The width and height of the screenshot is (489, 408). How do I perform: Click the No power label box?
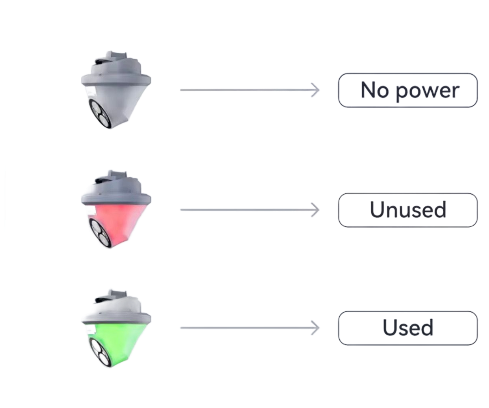click(408, 90)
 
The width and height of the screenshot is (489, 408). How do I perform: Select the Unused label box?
click(408, 210)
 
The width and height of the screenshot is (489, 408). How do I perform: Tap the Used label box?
click(408, 328)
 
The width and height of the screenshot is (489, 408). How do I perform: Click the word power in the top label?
click(427, 91)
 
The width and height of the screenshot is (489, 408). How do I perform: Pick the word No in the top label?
click(374, 90)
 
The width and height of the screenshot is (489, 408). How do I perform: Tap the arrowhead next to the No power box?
click(316, 90)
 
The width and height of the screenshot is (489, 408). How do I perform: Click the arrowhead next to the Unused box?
click(316, 210)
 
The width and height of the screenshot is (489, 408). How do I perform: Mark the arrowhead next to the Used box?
click(316, 328)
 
